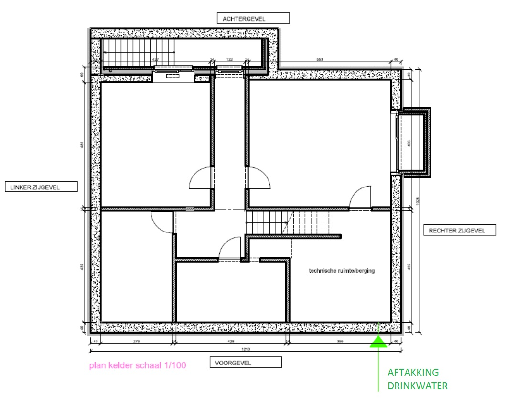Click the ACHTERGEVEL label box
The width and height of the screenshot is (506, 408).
pos(253,19)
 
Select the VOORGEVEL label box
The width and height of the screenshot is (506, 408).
pos(246,363)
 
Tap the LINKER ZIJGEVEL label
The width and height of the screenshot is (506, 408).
pos(41,187)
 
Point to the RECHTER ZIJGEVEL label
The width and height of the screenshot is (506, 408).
pos(456,231)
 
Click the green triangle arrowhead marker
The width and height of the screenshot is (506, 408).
pos(378,341)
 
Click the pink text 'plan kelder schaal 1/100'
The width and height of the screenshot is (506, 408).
pos(137,366)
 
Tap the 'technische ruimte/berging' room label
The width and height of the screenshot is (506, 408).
pos(342,271)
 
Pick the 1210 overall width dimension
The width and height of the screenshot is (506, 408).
pos(246,350)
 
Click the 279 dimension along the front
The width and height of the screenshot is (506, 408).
pos(136,341)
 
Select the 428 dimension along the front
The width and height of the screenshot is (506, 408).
pos(231,341)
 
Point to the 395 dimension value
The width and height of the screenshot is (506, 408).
pos(340,341)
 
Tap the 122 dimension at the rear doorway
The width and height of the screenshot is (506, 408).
pos(229,60)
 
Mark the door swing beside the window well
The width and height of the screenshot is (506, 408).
pos(360,198)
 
